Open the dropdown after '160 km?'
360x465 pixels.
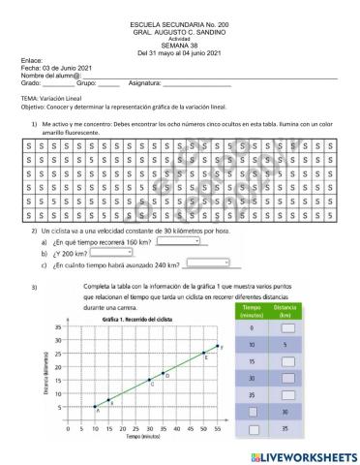pyautogui.click(x=187, y=243)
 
